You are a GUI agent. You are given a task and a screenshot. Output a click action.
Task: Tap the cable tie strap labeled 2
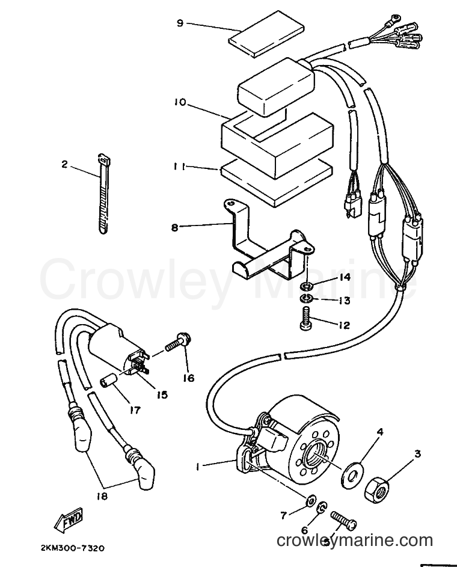click(103, 194)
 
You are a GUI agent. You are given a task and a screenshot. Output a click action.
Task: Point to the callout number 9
click(180, 23)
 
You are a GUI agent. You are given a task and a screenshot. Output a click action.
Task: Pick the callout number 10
click(179, 103)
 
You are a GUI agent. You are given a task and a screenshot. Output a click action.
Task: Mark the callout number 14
click(345, 278)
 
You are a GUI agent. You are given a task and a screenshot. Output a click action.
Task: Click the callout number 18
click(102, 497)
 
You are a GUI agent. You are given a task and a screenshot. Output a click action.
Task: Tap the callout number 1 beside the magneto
click(198, 467)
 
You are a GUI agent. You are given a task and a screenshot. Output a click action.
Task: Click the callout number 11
click(179, 167)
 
